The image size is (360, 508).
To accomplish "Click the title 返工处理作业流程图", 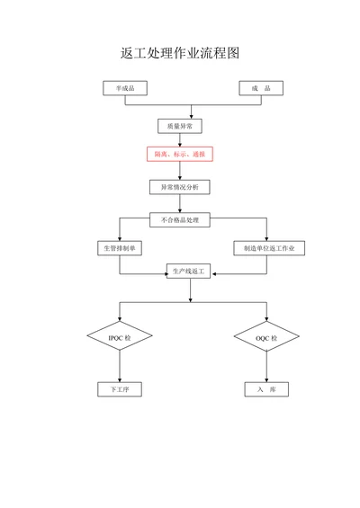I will (x=180, y=53).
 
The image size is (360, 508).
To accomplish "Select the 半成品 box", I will (x=124, y=88).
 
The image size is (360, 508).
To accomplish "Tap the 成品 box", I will (x=261, y=88).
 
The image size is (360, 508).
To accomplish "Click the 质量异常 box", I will (x=180, y=126).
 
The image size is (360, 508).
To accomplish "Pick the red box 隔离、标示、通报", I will (x=180, y=154).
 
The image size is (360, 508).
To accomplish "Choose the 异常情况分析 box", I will (x=180, y=187).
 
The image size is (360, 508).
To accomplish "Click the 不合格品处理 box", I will (x=180, y=219).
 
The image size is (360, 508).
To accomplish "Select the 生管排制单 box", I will (x=120, y=247).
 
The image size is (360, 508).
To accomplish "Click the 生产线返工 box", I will (x=189, y=271).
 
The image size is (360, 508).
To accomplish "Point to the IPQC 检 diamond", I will (x=120, y=337).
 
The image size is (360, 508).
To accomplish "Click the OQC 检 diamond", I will (x=266, y=337).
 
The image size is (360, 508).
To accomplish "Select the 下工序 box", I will (x=120, y=388).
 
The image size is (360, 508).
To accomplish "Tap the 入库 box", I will (x=266, y=388).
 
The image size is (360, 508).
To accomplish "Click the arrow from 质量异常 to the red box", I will (x=180, y=139).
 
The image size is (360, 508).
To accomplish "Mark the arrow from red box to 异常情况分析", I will (x=180, y=171).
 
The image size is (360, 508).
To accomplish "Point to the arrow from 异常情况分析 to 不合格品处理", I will (x=180, y=203).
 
